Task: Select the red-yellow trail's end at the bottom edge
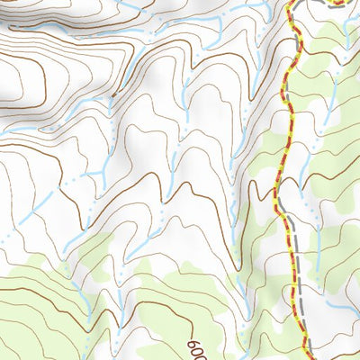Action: (303, 357)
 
